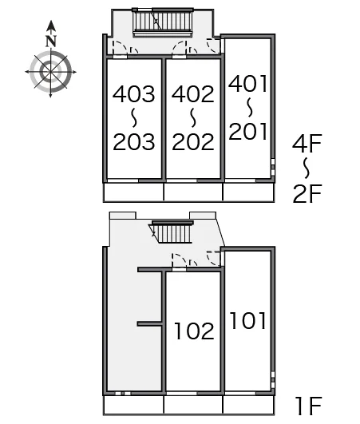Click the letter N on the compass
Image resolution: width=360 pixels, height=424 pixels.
51,41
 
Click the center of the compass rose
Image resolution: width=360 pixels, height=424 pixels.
50,72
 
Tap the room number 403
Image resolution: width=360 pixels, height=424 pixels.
134,94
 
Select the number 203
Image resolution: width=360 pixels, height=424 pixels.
134,141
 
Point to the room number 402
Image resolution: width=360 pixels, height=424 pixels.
193,94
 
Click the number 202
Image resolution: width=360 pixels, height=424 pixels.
193,141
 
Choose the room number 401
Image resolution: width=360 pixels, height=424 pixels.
247,83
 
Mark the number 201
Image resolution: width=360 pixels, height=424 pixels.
248,131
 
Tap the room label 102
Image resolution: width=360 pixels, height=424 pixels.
194,331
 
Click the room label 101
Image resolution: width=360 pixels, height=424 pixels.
248,320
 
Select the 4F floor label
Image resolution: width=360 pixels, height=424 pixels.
307,143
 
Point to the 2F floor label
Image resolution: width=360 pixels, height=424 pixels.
307,193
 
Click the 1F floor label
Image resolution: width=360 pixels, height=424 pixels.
308,406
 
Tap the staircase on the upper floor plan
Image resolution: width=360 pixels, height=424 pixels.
163,22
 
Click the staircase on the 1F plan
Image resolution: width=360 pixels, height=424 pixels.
172,232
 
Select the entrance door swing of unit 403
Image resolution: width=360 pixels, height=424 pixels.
120,48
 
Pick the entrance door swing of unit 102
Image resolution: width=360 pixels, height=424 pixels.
179,260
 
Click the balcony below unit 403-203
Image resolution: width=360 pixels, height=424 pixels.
134,192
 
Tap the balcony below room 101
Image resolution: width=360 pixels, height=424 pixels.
249,405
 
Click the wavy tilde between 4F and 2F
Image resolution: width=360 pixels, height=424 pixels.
307,168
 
